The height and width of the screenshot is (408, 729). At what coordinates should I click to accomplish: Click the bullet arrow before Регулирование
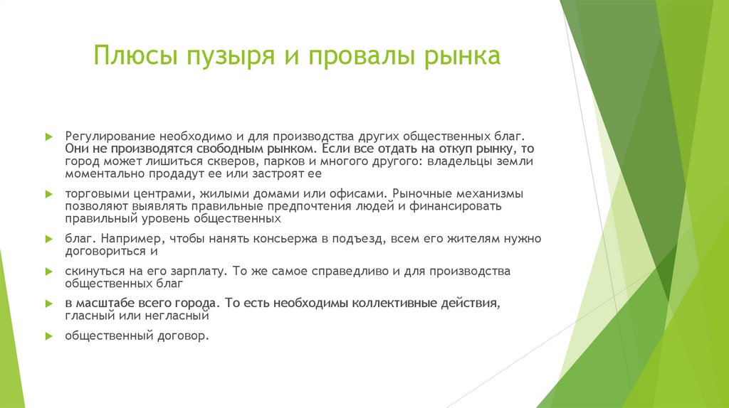pyautogui.click(x=48, y=135)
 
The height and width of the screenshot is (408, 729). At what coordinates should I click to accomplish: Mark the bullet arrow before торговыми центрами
pyautogui.click(x=48, y=193)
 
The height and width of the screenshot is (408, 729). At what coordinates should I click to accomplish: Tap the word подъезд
pyautogui.click(x=372, y=239)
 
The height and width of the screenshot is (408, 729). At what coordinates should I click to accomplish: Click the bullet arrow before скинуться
pyautogui.click(x=48, y=272)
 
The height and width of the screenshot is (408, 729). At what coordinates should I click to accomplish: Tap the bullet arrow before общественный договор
pyautogui.click(x=48, y=335)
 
